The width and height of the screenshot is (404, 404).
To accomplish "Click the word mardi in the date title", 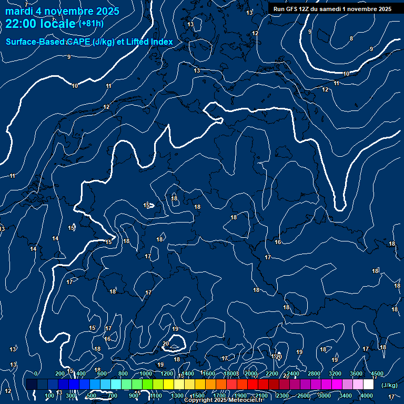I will [x=19, y=12].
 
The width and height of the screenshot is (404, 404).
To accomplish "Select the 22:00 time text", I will [x=21, y=23].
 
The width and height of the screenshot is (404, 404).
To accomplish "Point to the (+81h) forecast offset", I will [x=91, y=24].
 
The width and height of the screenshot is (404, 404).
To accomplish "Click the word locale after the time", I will [x=57, y=23].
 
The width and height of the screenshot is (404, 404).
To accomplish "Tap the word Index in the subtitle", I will [x=161, y=42].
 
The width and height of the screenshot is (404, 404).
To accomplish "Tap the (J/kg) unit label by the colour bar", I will [x=389, y=386].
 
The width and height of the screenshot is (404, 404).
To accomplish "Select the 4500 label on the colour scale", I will [x=377, y=373].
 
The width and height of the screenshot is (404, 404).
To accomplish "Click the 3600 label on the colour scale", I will [x=356, y=373].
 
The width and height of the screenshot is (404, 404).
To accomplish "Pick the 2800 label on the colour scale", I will [x=314, y=373].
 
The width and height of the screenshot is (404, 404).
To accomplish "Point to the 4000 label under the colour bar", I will [x=367, y=396].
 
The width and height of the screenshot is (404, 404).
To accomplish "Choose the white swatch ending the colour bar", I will [x=368, y=385].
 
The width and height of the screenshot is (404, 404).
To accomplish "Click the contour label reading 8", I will [x=351, y=38].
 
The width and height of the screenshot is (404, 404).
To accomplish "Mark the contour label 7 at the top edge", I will [x=26, y=5].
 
